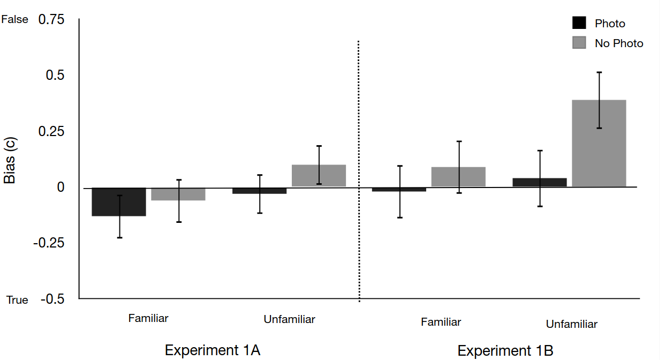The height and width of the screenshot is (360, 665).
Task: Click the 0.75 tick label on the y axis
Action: point(51,20)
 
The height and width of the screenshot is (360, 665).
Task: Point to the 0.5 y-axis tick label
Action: point(55,75)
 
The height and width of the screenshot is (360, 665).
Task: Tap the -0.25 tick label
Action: point(49,243)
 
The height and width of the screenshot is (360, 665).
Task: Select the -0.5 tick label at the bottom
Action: point(52,299)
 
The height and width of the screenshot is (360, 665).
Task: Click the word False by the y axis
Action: point(14,19)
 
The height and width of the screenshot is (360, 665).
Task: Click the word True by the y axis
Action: point(17,300)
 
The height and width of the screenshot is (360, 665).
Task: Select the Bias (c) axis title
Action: point(10,160)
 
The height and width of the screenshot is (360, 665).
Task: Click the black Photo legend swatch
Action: point(579,23)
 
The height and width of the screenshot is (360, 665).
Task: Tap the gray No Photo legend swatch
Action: point(579,42)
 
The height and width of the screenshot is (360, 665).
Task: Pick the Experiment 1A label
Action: point(213,350)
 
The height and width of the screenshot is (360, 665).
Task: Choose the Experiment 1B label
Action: point(505,351)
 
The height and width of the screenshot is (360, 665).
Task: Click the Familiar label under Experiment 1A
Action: point(148,318)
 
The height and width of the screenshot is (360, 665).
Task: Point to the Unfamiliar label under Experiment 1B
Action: point(571,324)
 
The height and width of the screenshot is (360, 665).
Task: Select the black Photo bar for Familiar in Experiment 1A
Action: point(119,202)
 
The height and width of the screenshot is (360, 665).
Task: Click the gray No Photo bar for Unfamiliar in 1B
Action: point(599,144)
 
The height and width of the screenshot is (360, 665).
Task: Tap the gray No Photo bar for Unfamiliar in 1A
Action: point(319,176)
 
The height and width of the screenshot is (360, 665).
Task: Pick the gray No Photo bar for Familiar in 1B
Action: point(458,177)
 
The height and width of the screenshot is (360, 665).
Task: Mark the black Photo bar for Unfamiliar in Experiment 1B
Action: point(539,182)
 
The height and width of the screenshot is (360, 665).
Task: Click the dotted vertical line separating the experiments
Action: point(359,171)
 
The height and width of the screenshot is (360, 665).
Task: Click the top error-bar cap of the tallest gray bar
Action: point(599,72)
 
